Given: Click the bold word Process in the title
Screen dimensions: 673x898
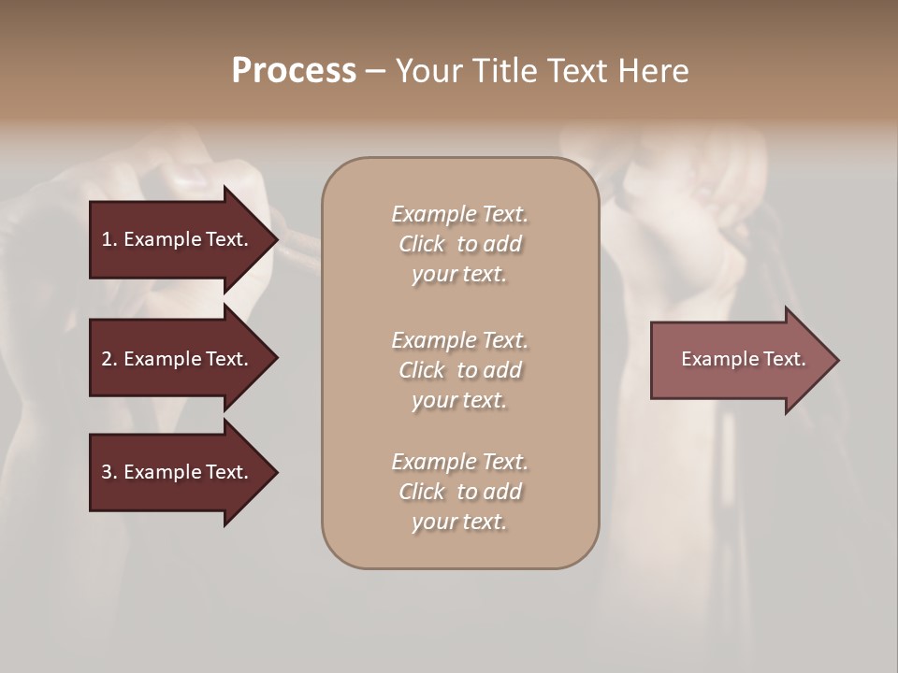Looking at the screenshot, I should [x=294, y=71].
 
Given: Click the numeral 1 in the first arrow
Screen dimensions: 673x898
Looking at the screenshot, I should [x=107, y=239].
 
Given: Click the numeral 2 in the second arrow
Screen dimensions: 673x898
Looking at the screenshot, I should [x=107, y=359].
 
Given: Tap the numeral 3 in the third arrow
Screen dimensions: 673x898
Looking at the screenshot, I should [x=107, y=472].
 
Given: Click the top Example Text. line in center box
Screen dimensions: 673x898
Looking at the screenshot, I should [x=459, y=214].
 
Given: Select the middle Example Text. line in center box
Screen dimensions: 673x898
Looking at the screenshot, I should [x=459, y=340].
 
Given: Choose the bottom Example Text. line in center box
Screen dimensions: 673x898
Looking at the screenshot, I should [x=459, y=462].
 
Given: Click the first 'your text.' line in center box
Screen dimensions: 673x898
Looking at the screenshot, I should [x=459, y=275].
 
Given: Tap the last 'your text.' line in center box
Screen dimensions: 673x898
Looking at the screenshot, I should [x=459, y=523].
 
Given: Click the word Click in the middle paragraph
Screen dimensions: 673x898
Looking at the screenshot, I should [x=422, y=370].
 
